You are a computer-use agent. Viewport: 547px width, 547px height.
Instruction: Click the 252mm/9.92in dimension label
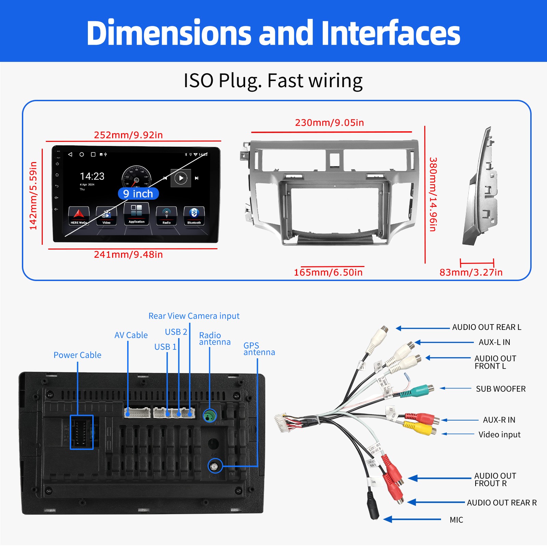point(128,135)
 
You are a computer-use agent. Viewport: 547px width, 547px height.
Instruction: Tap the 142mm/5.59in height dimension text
point(33,196)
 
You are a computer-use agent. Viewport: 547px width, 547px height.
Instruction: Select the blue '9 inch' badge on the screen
point(138,194)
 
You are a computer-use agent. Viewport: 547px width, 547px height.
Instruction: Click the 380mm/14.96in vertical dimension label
point(433,194)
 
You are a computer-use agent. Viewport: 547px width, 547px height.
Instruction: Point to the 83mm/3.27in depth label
point(471,272)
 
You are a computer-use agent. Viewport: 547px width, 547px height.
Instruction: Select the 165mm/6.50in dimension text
point(328,272)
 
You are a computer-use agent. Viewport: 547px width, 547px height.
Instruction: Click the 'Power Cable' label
point(77,355)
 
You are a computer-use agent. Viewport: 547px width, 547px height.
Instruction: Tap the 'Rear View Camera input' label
point(194,316)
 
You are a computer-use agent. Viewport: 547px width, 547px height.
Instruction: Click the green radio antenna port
point(210,416)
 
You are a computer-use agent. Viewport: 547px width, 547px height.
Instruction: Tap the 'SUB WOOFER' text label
point(501,389)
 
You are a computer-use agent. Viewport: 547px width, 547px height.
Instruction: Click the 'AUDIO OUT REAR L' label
point(486,328)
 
